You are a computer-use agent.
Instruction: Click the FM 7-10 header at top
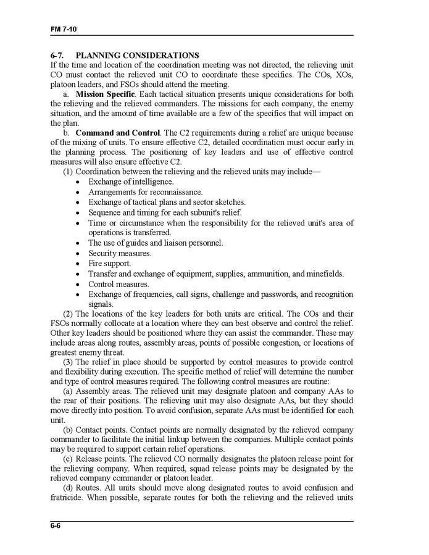63,30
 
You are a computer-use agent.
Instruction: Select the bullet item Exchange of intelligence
131,182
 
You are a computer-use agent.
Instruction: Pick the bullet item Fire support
109,264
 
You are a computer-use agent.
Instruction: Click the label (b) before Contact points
69,429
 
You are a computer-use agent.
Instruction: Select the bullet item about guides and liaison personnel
156,243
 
